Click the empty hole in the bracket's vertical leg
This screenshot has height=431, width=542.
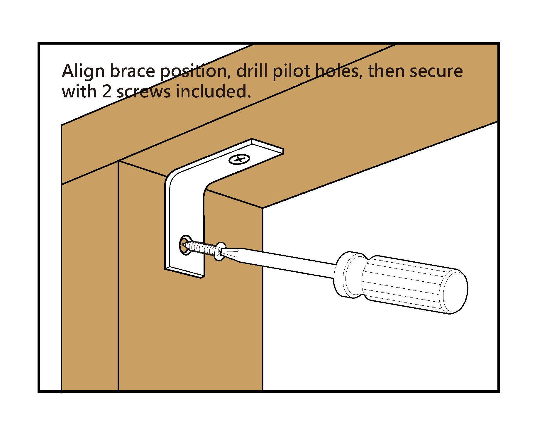tap(184, 244)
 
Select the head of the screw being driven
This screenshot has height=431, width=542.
tap(220, 251)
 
